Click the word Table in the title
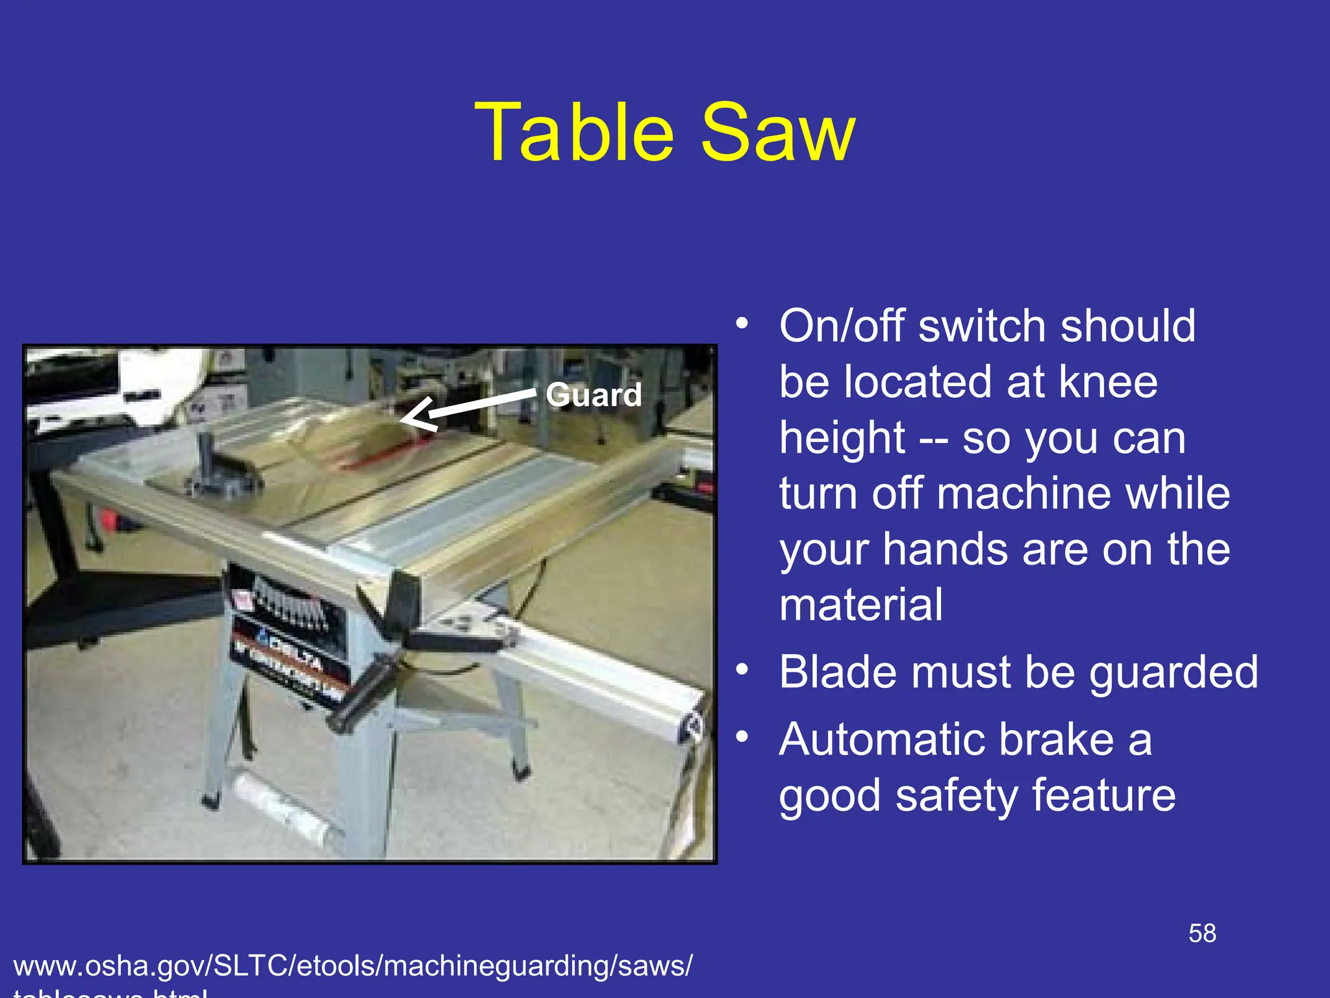[575, 133]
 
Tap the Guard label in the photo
[594, 394]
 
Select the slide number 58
[1202, 934]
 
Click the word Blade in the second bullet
[838, 672]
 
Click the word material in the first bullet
[860, 605]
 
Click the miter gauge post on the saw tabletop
[207, 455]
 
